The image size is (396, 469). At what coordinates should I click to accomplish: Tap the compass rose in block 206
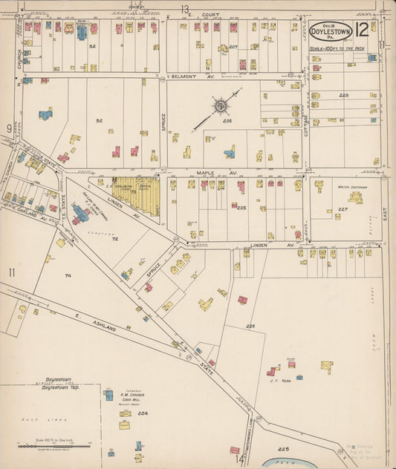(x=221, y=105)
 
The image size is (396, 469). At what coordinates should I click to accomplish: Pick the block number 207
(x=233, y=47)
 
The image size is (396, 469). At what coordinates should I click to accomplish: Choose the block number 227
(x=343, y=209)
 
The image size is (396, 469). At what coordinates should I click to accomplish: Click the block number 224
(x=143, y=413)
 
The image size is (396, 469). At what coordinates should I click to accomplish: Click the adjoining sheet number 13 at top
(x=184, y=8)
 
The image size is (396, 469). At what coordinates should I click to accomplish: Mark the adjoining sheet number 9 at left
(x=10, y=128)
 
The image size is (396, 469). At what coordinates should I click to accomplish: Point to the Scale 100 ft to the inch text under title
(x=335, y=48)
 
